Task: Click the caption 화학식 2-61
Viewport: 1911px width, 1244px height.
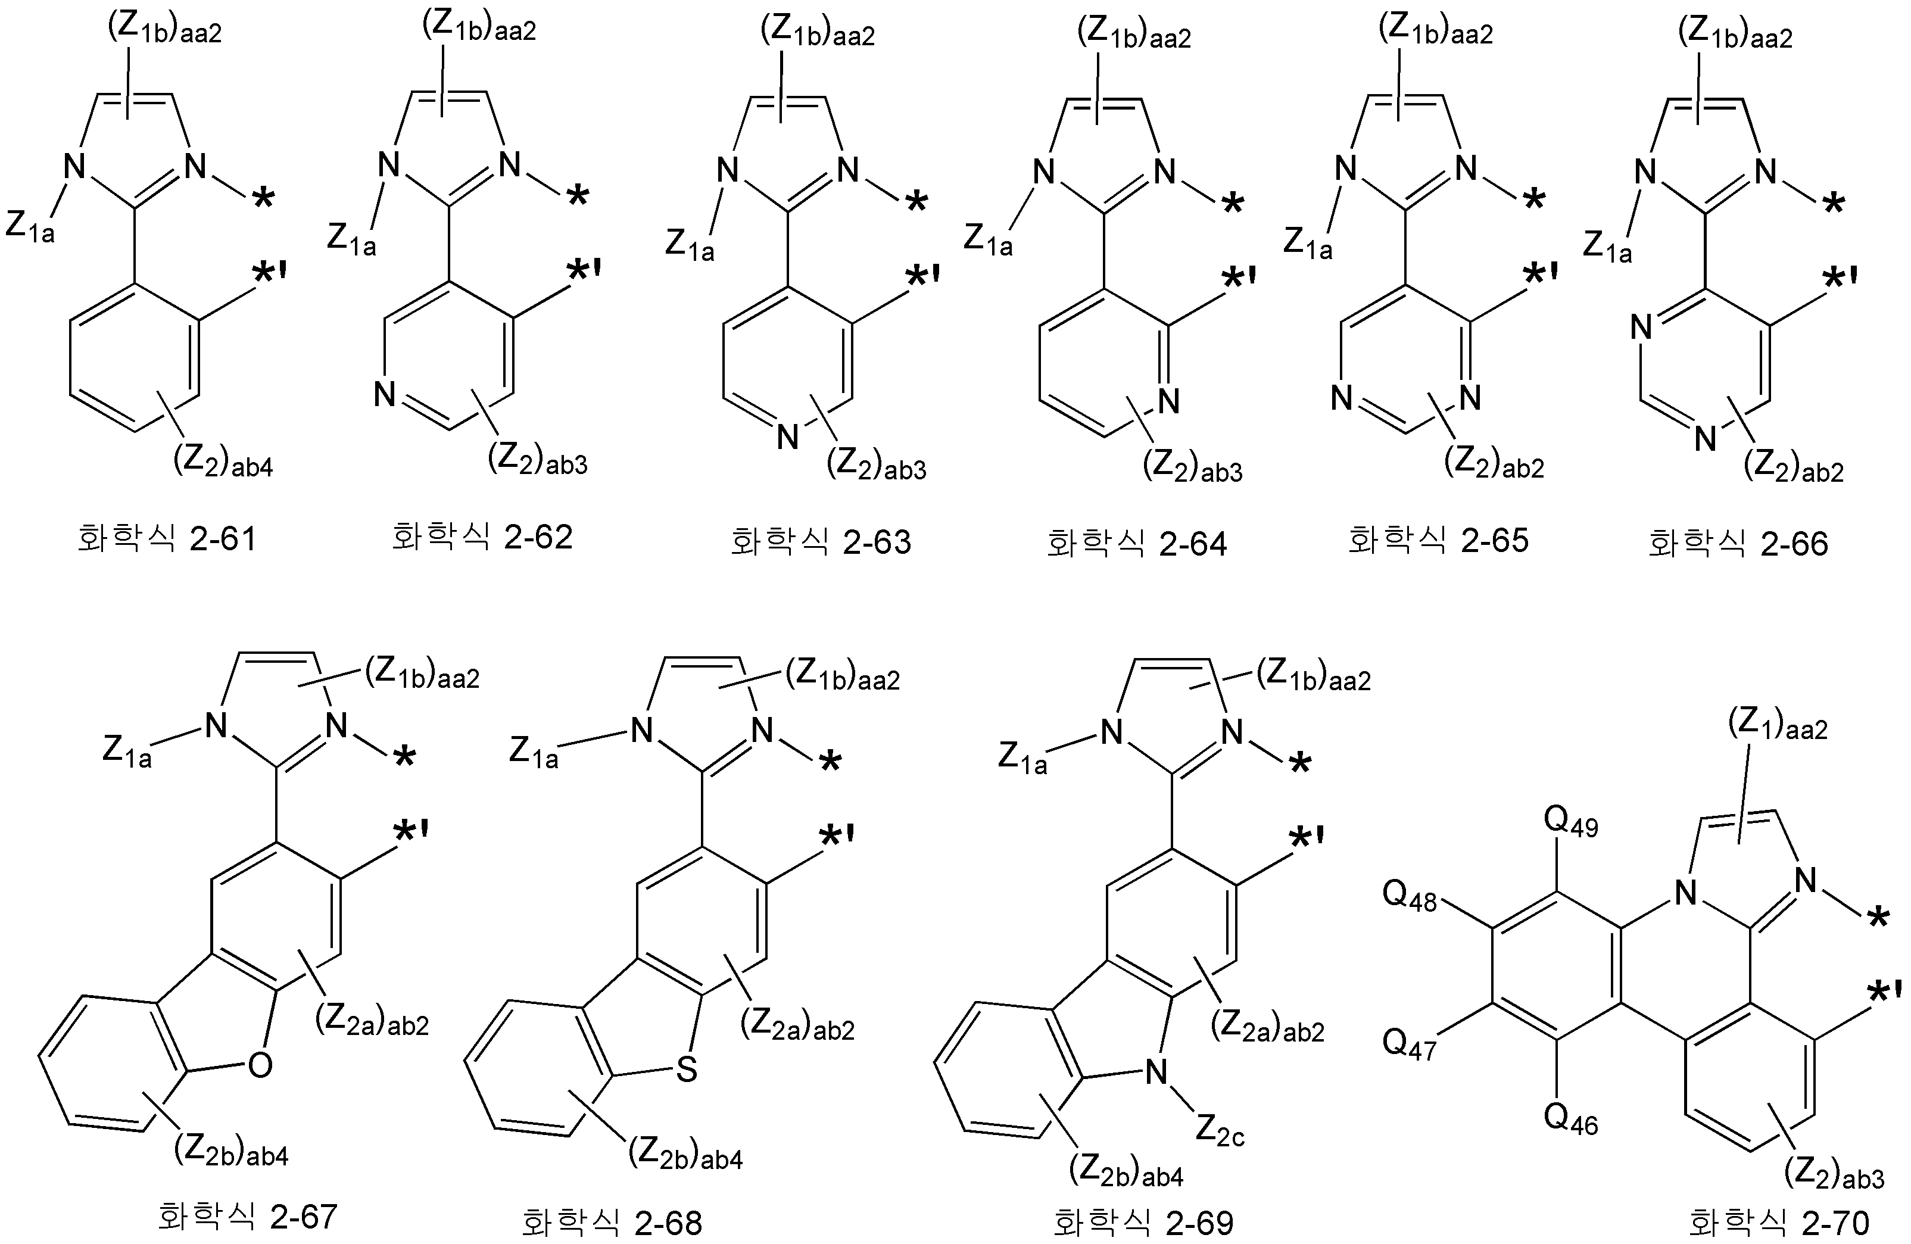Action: [167, 538]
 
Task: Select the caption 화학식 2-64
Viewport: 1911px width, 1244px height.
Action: [1137, 544]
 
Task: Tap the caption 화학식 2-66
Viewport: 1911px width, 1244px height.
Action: [1738, 544]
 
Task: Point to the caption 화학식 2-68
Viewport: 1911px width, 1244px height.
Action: [612, 1223]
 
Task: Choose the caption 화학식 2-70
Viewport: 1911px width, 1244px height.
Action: [1779, 1223]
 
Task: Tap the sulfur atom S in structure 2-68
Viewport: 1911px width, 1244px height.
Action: [687, 1070]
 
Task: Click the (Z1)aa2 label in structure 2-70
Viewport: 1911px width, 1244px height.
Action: [1778, 726]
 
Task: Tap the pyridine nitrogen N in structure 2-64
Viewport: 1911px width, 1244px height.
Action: [1169, 401]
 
